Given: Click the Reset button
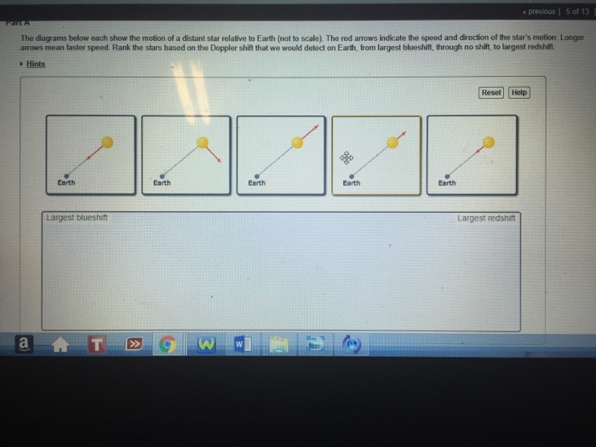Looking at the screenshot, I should pos(491,92).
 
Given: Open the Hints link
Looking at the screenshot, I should pos(35,64).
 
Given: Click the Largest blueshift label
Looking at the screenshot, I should pos(77,218).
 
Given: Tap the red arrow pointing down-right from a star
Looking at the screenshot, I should pos(215,153).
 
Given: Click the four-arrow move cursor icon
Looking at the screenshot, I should pos(346,158).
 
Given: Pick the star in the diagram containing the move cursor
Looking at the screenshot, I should pos(392,142).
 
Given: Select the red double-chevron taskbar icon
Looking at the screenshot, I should pos(134,345).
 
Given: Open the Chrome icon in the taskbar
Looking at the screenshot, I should pos(169,345).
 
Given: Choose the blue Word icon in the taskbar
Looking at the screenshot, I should pos(242,345).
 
